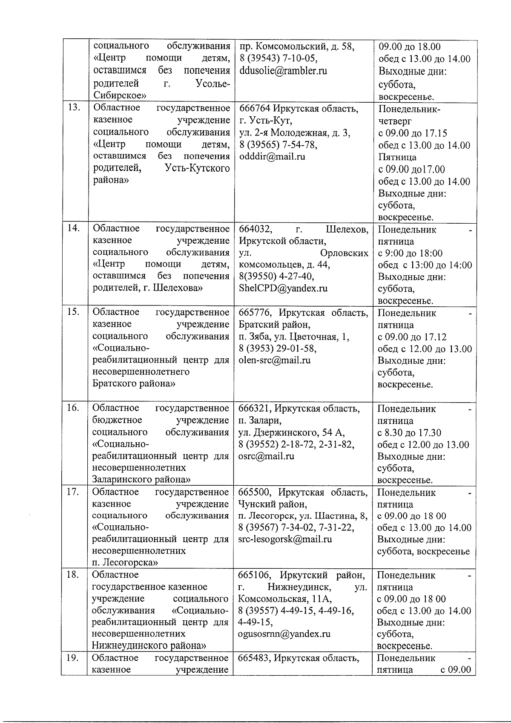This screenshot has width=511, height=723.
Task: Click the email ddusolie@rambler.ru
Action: pos(283,71)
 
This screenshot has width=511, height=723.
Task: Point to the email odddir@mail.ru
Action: pos(273,156)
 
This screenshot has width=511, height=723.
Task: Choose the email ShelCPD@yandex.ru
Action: pos(283,288)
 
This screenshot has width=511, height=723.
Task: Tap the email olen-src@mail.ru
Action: pos(275,360)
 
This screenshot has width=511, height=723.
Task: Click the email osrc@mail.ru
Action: pos(267,456)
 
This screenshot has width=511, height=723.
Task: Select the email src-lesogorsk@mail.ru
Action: pos(285,539)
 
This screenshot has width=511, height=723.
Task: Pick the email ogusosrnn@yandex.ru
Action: pos(284,634)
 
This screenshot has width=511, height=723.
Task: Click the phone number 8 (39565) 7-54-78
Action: pos(278,145)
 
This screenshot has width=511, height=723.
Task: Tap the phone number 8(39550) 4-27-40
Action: pos(277,276)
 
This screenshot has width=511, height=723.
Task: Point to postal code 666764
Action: pos(255,108)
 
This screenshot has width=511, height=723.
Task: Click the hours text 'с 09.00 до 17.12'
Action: pos(412,337)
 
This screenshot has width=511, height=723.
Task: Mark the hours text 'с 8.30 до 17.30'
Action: pos(409,433)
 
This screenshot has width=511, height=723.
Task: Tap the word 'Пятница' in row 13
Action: pos(397,157)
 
